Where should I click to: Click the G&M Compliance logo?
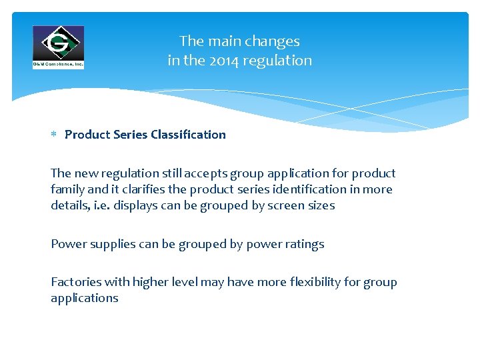click(59, 47)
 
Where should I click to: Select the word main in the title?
click(222, 41)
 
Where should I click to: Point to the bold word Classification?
click(188, 135)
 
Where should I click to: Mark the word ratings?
click(304, 244)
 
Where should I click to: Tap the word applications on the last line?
click(84, 298)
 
